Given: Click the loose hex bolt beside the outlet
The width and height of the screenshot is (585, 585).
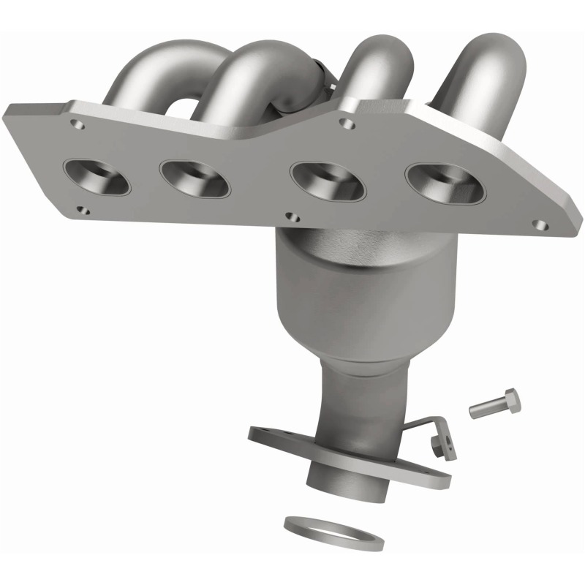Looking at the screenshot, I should click(494, 403).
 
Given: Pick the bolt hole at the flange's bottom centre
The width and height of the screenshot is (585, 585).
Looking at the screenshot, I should click(293, 216).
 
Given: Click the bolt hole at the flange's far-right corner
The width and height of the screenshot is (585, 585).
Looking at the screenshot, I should click(540, 225).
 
